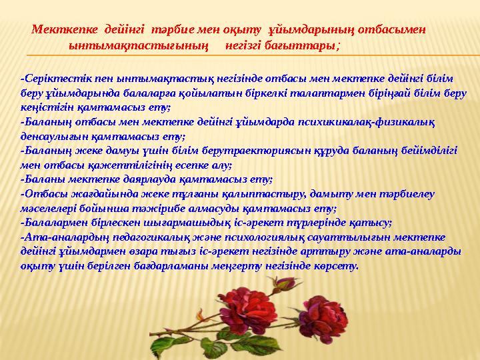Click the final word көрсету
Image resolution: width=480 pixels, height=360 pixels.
point(337,265)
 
